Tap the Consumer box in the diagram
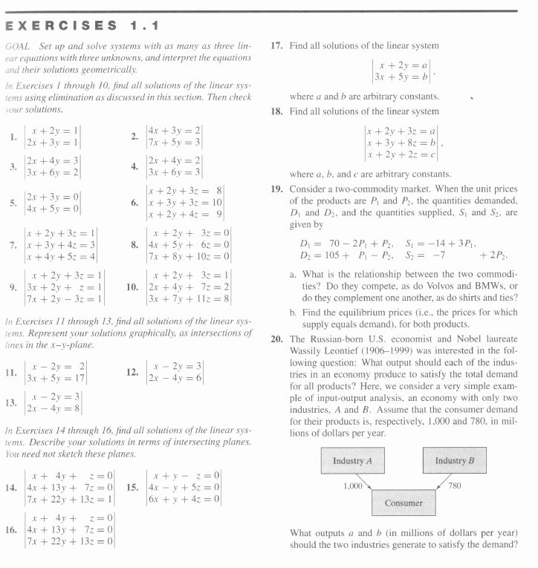pyautogui.click(x=403, y=503)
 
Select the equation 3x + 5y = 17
pyautogui.click(x=57, y=376)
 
